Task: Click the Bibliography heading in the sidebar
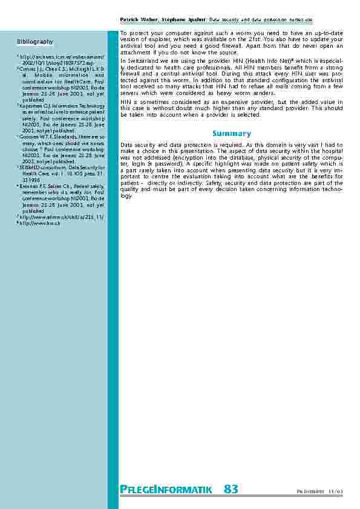point(34,42)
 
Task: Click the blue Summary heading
point(231,133)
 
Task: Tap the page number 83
point(231,489)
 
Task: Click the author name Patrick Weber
point(137,20)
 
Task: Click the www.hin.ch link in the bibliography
point(35,224)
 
